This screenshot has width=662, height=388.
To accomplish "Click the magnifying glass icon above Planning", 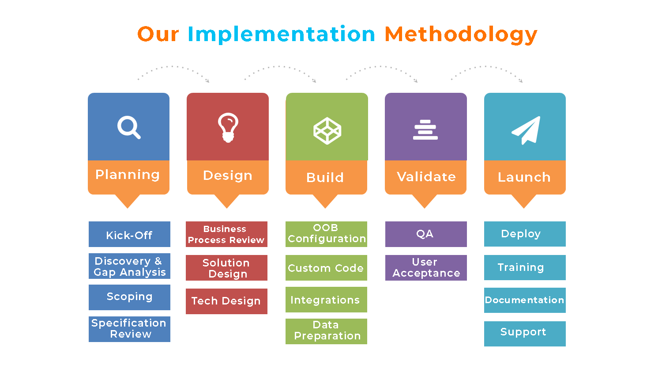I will (129, 127).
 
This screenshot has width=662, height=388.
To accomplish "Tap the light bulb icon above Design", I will (228, 128).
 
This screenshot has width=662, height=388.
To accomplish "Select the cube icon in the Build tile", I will (327, 130).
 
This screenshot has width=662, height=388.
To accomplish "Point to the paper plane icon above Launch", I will (526, 130).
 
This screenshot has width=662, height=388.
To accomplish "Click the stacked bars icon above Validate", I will (425, 130).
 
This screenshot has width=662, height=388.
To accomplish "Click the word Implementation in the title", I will (281, 34).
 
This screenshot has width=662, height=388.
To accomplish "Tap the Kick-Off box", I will (129, 234).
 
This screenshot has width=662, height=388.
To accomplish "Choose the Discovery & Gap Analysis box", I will (129, 266).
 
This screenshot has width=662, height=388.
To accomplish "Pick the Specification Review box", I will (129, 329).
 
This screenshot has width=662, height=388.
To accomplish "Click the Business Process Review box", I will (226, 234).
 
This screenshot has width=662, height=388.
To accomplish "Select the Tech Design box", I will (226, 301).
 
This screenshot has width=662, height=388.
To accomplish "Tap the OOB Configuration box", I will (326, 234).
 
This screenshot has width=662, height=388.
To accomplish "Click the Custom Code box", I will (326, 268).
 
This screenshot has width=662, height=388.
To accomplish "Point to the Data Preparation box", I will (326, 331).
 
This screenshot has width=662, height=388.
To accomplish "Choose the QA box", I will (426, 234).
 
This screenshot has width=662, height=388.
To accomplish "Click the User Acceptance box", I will (426, 268).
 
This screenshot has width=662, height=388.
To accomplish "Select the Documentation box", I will (525, 300).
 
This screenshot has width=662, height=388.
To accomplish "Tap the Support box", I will (525, 334).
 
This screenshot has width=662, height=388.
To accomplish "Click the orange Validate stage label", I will (426, 177).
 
